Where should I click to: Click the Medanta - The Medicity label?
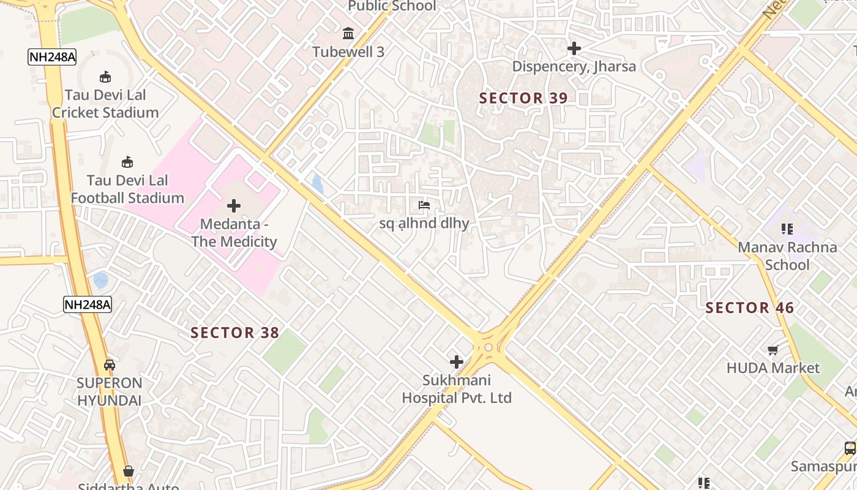tap(234, 233)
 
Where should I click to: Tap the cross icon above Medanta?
tap(234, 206)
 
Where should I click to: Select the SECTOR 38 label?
tap(234, 333)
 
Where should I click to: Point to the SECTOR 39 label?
tap(523, 98)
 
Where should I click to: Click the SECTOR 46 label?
tap(749, 308)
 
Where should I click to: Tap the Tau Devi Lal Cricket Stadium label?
tap(105, 104)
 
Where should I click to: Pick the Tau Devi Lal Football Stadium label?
tap(127, 189)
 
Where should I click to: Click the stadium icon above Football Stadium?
tap(127, 162)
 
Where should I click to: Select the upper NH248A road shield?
tap(52, 58)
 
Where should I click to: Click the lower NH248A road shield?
tap(88, 304)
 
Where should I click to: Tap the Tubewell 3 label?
tap(348, 52)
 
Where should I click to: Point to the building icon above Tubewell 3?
tap(348, 32)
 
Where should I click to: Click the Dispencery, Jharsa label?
tap(574, 66)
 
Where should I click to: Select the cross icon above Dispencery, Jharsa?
tap(574, 48)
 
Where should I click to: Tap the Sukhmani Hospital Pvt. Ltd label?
tap(457, 390)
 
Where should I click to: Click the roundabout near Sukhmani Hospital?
tap(488, 347)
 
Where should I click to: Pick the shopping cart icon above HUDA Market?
tap(773, 350)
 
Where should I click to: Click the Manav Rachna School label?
tap(787, 256)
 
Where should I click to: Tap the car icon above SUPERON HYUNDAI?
tap(110, 365)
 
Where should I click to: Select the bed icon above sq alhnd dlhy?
tap(424, 205)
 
